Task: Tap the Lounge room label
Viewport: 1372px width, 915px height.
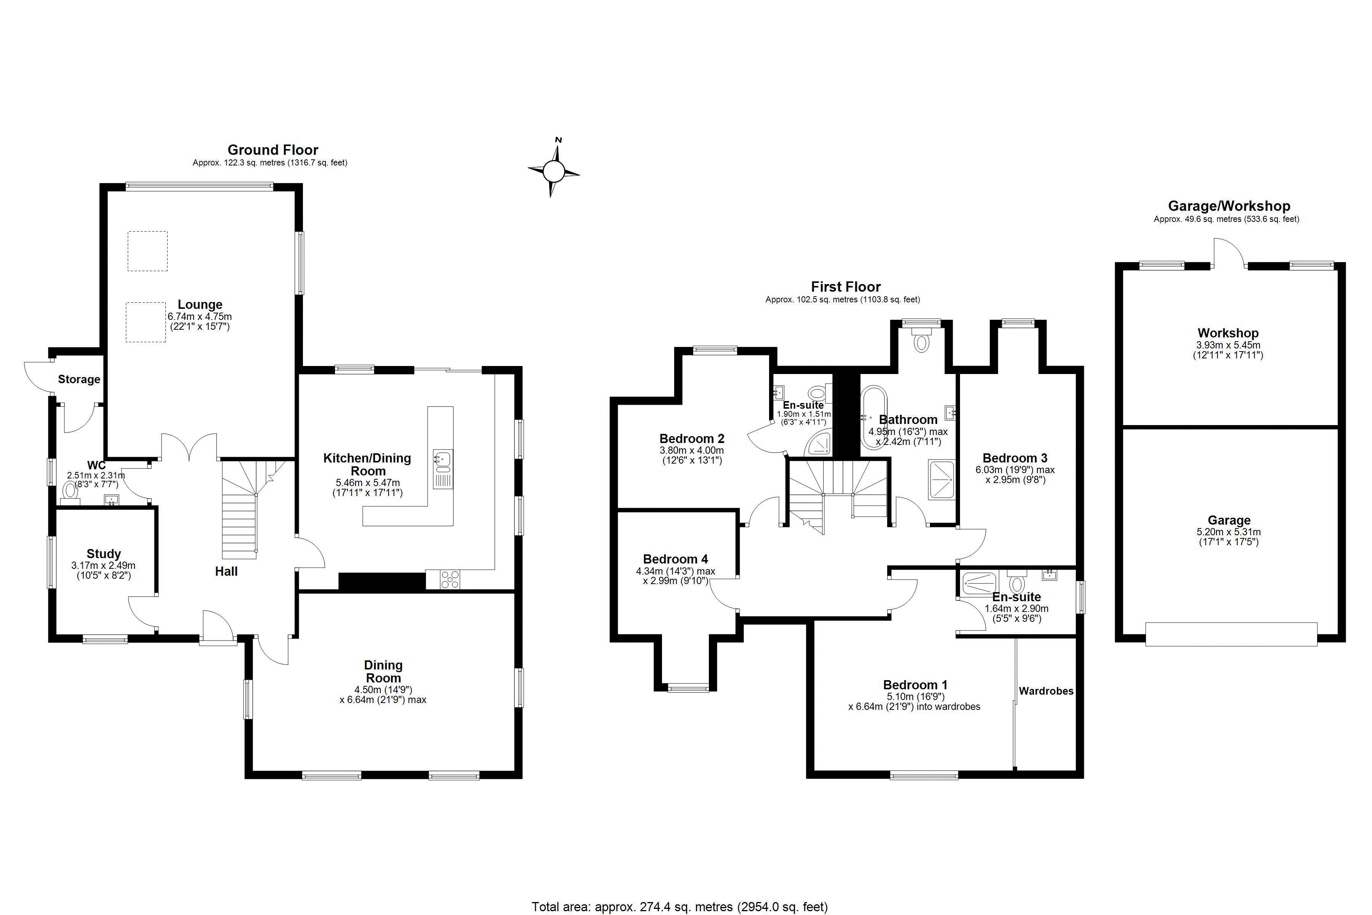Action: pos(200,305)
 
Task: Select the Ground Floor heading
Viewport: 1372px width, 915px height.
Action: pos(273,150)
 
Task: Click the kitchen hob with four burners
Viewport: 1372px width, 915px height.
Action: pos(450,579)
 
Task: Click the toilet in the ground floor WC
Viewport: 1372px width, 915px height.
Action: pos(70,491)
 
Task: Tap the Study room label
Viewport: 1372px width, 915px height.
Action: pos(104,554)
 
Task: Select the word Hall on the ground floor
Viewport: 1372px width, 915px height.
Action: pos(226,571)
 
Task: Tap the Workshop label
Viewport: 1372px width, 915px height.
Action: pos(1228,333)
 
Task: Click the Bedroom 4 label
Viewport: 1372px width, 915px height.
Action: pos(675,559)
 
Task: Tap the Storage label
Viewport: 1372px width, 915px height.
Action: pos(79,379)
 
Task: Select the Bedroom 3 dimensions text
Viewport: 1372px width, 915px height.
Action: pos(1015,475)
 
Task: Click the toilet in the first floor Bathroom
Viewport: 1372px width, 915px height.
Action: pos(921,340)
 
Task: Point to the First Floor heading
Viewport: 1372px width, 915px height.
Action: pos(846,287)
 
